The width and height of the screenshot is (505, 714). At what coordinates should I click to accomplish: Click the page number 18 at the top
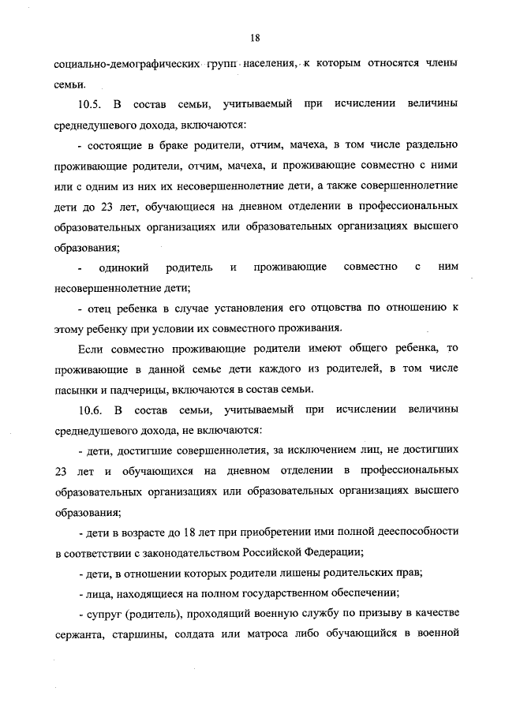(x=255, y=37)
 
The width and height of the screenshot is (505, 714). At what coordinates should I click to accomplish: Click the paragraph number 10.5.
(x=92, y=104)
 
